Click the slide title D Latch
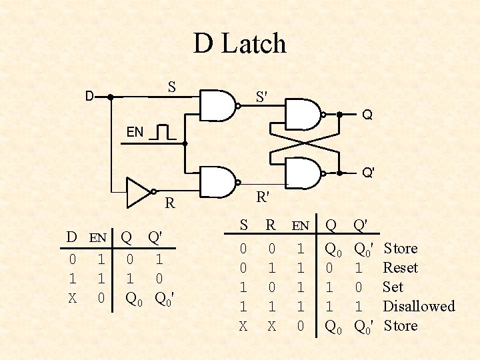(x=240, y=44)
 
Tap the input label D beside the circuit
(x=89, y=97)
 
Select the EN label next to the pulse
(x=135, y=132)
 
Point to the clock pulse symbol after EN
(x=163, y=132)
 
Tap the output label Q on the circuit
(x=367, y=115)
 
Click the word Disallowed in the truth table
(x=419, y=307)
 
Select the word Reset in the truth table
(x=401, y=268)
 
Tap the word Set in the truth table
(x=393, y=287)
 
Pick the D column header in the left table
(x=71, y=237)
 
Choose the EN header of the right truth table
(x=301, y=226)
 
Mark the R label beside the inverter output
(x=170, y=203)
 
